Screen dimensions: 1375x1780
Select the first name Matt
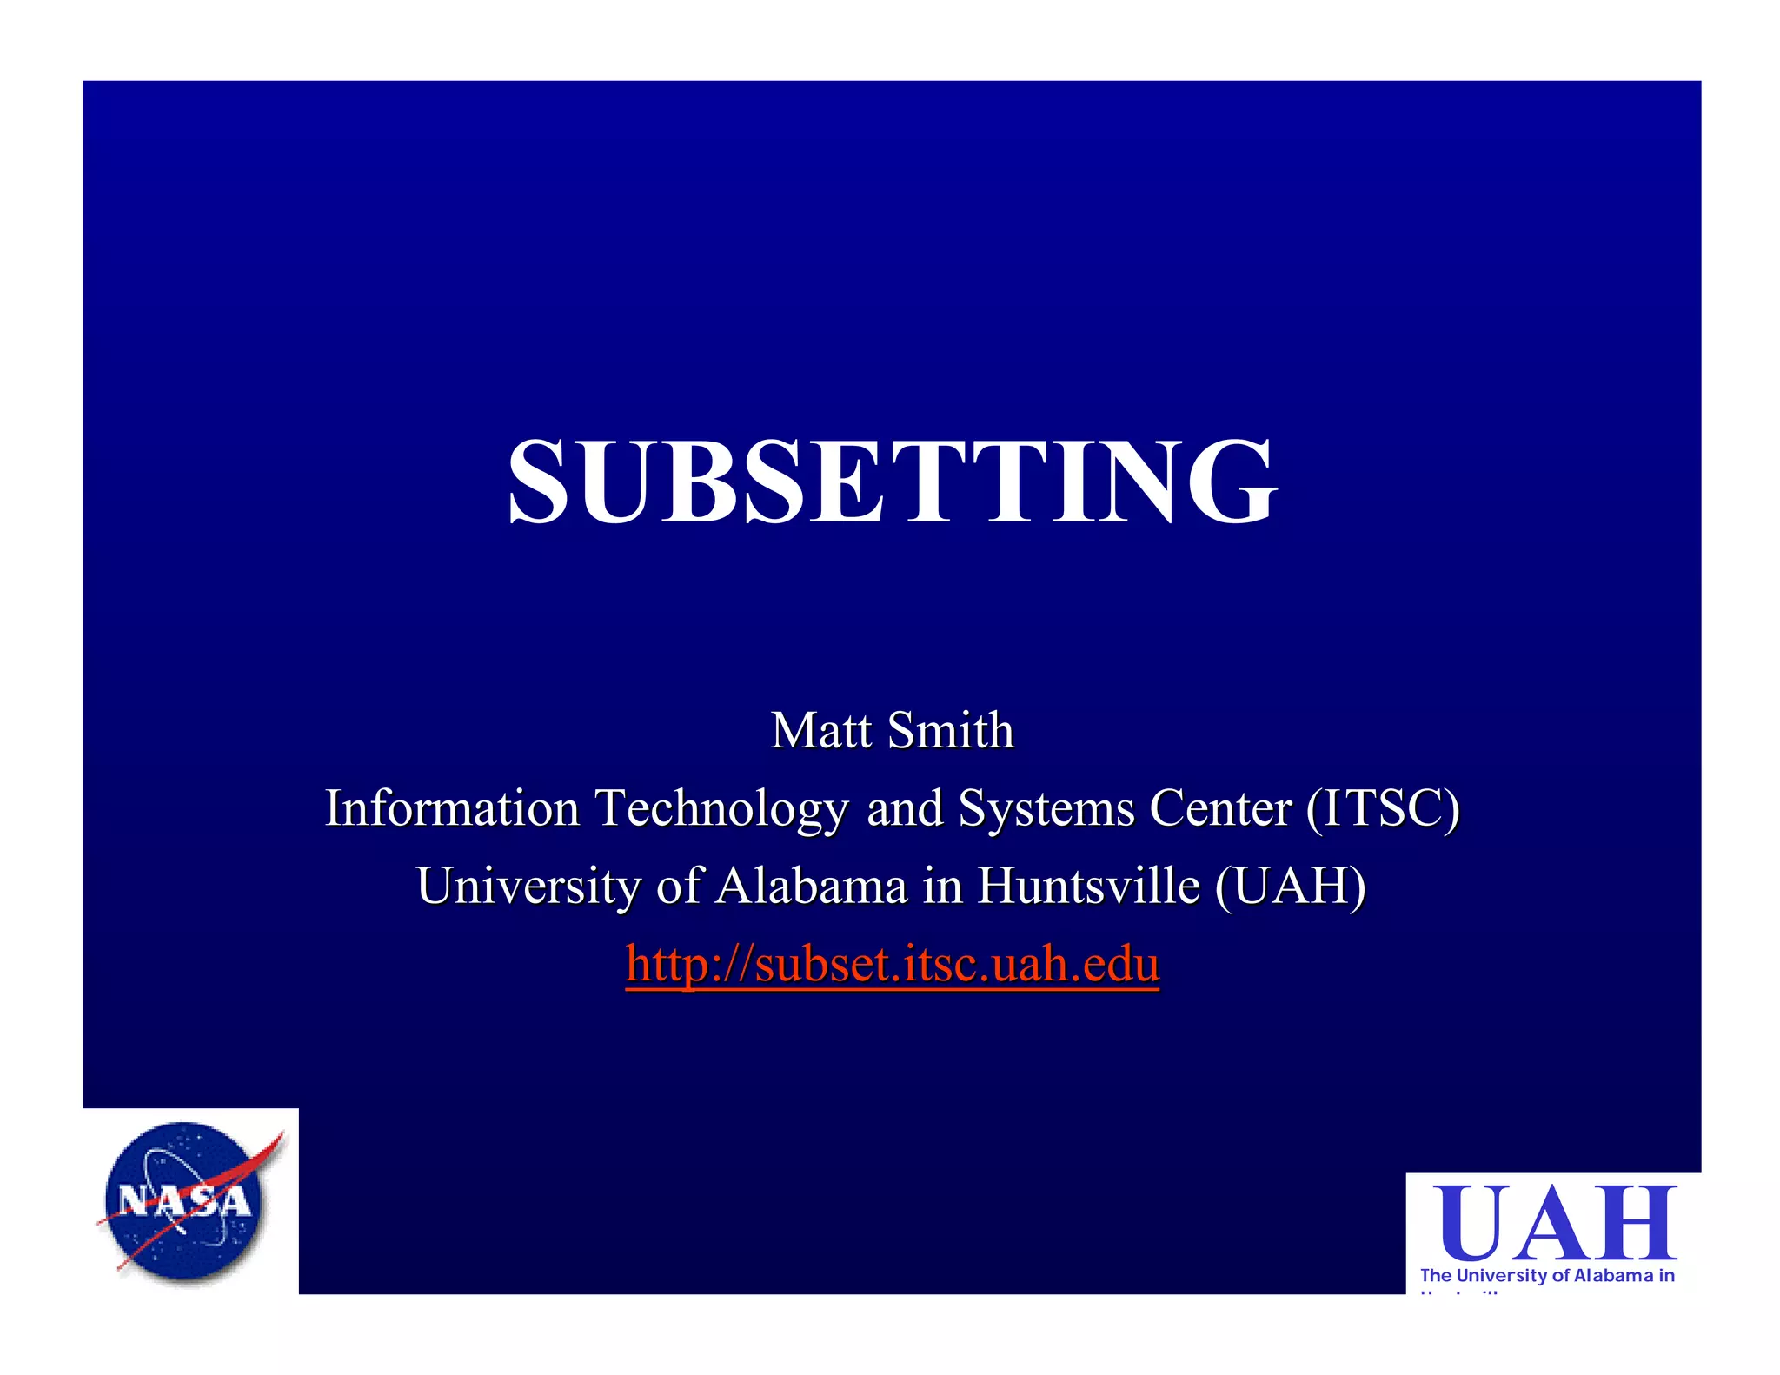821,730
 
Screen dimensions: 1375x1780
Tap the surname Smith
951,730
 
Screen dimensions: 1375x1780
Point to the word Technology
721,809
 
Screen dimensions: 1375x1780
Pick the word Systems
1046,809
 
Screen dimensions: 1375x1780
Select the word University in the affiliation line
528,886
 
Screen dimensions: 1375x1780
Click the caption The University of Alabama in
1547,1275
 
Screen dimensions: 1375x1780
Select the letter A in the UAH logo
1553,1223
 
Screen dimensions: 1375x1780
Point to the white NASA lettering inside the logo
184,1202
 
